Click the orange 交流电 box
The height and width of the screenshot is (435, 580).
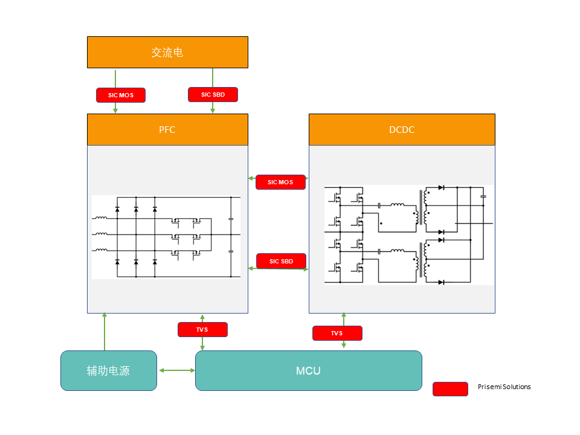[167, 52]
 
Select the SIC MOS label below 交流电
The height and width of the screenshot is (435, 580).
[121, 95]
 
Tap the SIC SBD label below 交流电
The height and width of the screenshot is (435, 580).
[213, 94]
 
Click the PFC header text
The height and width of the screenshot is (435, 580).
[167, 129]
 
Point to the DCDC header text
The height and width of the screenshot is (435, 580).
[402, 129]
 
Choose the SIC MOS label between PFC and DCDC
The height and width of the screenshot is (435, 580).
[280, 182]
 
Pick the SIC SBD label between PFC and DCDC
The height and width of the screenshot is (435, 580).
[281, 261]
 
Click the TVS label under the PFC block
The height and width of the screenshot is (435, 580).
[202, 329]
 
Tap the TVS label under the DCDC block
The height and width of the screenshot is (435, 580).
[337, 333]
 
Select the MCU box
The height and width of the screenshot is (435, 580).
[308, 370]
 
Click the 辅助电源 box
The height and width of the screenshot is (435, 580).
[109, 370]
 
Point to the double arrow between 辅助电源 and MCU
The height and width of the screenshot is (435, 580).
[176, 370]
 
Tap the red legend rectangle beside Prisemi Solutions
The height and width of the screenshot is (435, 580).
[450, 389]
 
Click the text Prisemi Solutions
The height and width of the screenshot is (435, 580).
[504, 387]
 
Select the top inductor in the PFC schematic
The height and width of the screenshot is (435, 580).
[101, 217]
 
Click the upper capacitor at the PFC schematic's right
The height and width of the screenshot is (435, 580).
[231, 218]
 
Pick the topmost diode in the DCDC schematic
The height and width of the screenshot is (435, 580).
[441, 188]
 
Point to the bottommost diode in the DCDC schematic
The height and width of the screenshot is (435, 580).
[441, 282]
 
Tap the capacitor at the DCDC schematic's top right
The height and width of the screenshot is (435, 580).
[483, 196]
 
